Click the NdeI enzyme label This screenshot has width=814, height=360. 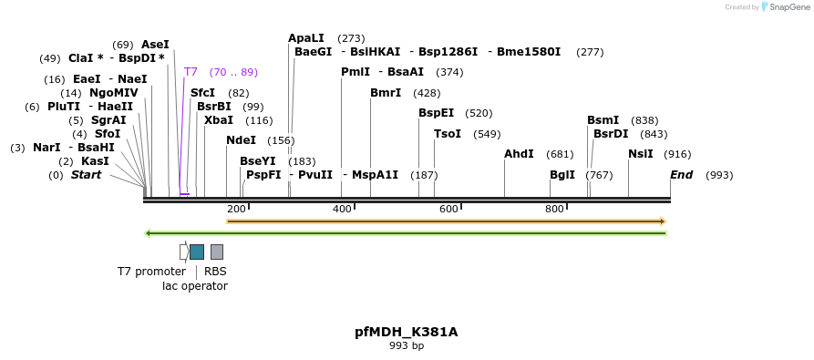(242, 140)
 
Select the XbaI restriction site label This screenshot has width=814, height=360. (219, 120)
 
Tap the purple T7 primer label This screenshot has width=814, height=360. (191, 72)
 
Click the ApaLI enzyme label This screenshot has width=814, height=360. (305, 38)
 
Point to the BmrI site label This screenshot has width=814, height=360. (386, 93)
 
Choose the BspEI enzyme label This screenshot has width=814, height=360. (436, 113)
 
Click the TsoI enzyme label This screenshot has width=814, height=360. (448, 134)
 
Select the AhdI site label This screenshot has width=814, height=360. (519, 154)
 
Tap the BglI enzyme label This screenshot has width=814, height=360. (562, 175)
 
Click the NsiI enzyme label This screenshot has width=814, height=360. (642, 154)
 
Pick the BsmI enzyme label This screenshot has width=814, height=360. (603, 120)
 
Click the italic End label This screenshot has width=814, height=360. (682, 175)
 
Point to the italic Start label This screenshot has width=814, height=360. (87, 175)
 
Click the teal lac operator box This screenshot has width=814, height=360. (197, 252)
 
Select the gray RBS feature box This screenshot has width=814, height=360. (217, 252)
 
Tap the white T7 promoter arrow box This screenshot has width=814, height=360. (184, 252)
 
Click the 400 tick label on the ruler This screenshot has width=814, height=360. (342, 210)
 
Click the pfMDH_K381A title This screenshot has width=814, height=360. (407, 332)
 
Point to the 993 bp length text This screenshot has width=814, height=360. (407, 346)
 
